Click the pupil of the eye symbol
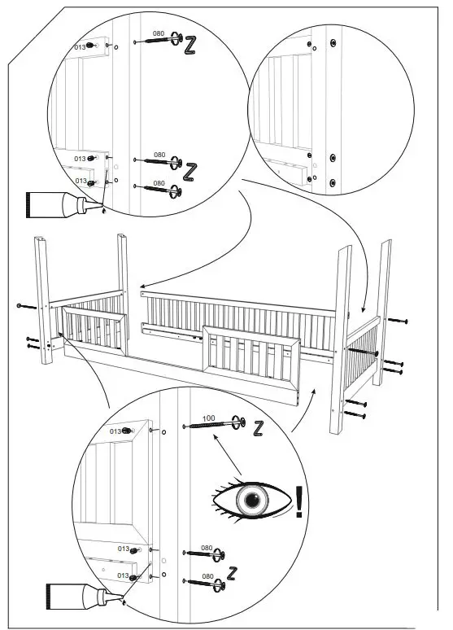point(251,499)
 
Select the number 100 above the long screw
point(207,417)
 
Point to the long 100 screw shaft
point(205,425)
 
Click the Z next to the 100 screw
point(258,426)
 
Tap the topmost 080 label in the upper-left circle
point(158,33)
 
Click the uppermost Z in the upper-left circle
point(190,46)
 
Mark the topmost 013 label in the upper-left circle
point(80,47)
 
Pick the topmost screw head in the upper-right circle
point(330,41)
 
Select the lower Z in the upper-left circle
point(190,172)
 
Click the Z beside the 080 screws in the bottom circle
point(233,572)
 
